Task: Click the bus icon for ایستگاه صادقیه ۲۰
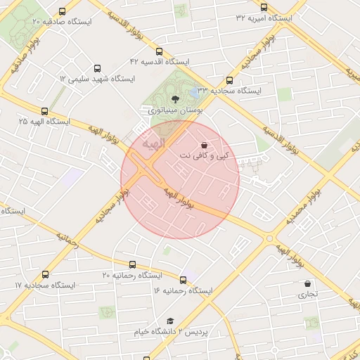point(63,11)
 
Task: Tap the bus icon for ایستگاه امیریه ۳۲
point(264,7)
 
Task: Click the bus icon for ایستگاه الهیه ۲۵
point(45,111)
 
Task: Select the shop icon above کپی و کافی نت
point(214,144)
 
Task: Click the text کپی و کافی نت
point(205,155)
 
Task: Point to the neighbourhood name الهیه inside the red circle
point(153,143)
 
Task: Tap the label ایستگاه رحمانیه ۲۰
point(132,275)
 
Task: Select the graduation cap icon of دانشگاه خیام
point(169,321)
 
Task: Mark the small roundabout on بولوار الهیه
point(269,239)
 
